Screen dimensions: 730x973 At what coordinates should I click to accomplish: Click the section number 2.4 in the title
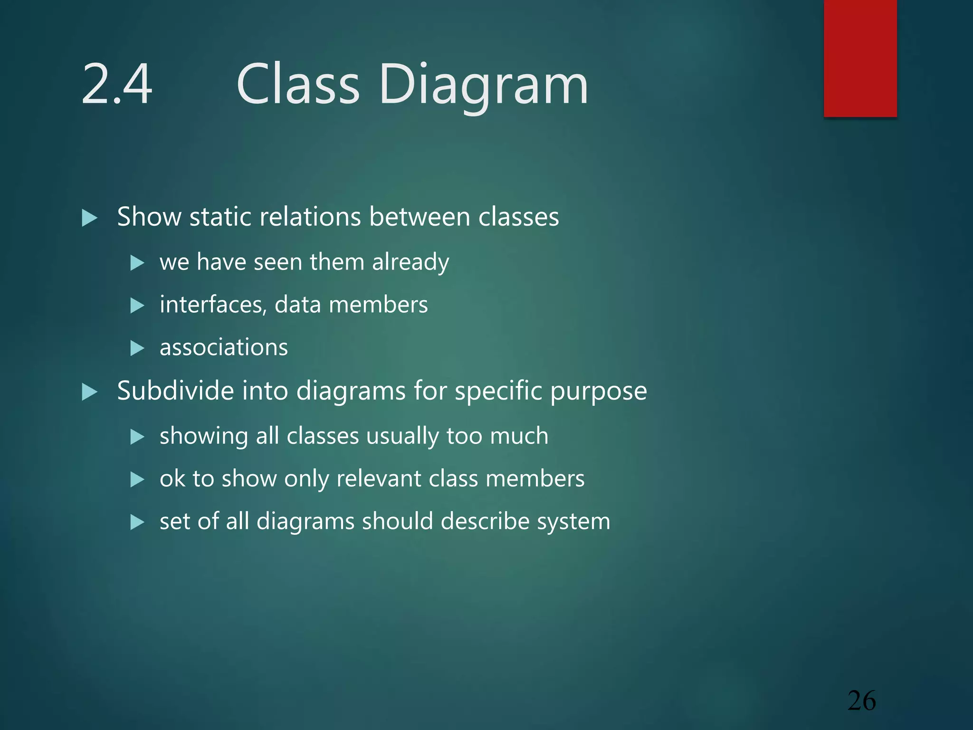pyautogui.click(x=117, y=85)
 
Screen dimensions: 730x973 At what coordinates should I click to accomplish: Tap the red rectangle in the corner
pyautogui.click(x=860, y=58)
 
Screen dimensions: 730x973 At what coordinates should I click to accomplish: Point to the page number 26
pyautogui.click(x=862, y=701)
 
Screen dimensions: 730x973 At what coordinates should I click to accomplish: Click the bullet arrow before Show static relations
pyautogui.click(x=89, y=218)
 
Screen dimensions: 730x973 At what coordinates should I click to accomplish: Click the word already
pyautogui.click(x=410, y=262)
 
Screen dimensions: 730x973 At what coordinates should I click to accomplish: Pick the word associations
pyautogui.click(x=224, y=347)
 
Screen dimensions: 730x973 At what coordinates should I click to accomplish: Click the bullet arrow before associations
pyautogui.click(x=137, y=348)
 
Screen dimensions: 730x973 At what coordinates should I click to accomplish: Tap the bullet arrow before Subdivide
pyautogui.click(x=89, y=392)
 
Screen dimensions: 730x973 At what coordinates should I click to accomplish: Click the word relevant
pyautogui.click(x=378, y=479)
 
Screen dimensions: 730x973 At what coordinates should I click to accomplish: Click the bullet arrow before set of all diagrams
pyautogui.click(x=137, y=522)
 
